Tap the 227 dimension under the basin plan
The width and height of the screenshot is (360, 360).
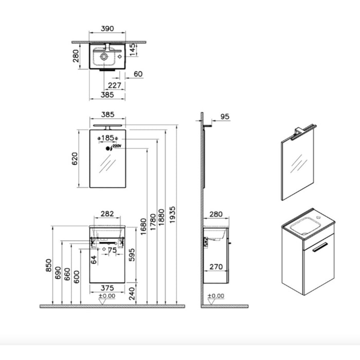pos(115,85)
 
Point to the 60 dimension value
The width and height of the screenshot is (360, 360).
pos(138,75)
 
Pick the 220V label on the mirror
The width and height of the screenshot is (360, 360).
pos(116,147)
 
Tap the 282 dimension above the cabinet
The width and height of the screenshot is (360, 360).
pos(107,214)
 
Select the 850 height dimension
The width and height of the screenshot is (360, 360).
pos(49,266)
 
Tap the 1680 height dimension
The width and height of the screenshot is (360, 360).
pos(143,227)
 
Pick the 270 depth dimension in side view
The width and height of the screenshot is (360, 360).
pos(216,267)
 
